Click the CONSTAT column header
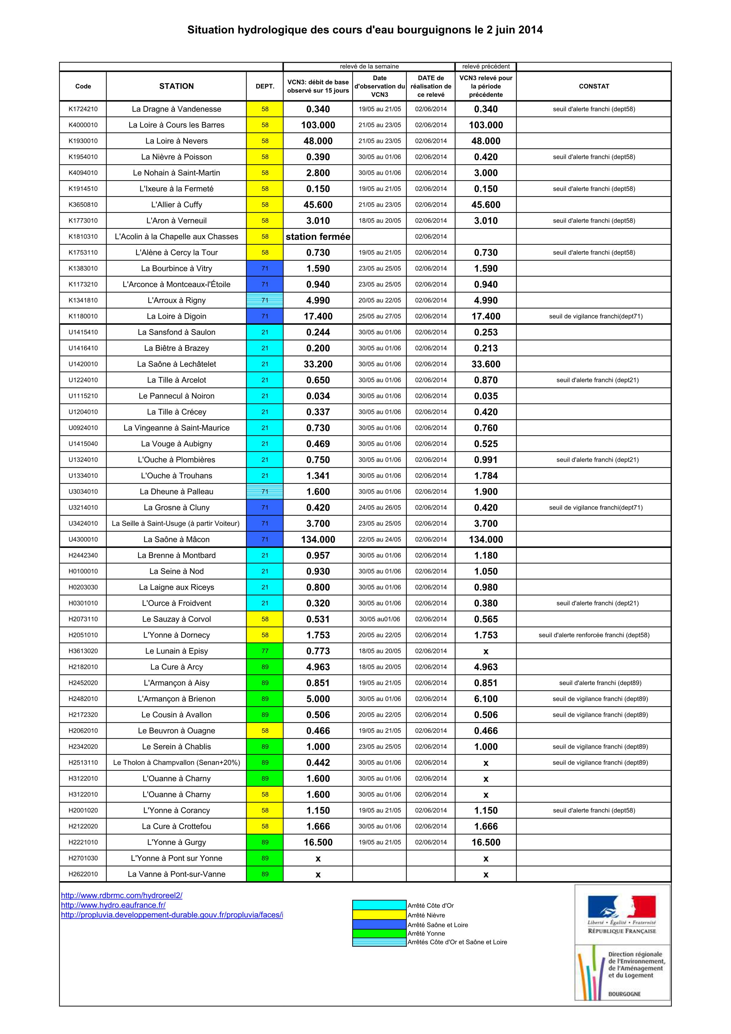[593, 86]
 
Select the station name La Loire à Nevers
[177, 141]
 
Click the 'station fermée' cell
[318, 236]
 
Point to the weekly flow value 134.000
[318, 540]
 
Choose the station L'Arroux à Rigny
[177, 300]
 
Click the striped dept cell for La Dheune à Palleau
[265, 491]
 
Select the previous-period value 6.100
[486, 699]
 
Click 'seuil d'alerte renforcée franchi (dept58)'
[593, 635]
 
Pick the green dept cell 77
[265, 651]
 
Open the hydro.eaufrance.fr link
[113, 905]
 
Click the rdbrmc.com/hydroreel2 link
[122, 895]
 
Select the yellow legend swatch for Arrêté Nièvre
[379, 915]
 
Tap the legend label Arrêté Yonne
[426, 933]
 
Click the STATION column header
[177, 86]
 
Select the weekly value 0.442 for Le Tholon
[318, 762]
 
